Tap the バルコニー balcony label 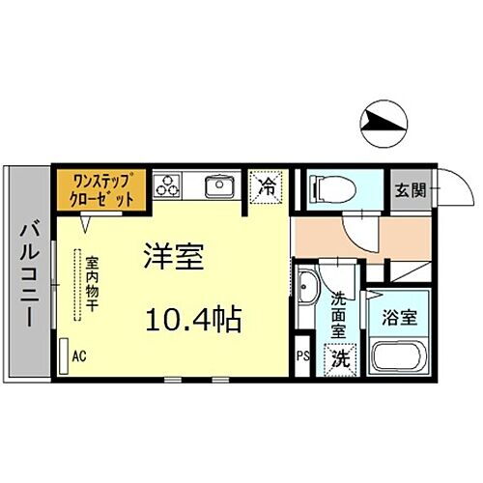tap(27, 273)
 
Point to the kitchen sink tap(218, 185)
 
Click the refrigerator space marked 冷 tap(266, 186)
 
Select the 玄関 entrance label tap(406, 185)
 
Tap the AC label tap(79, 355)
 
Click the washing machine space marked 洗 tap(341, 357)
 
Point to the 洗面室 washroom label tap(341, 315)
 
